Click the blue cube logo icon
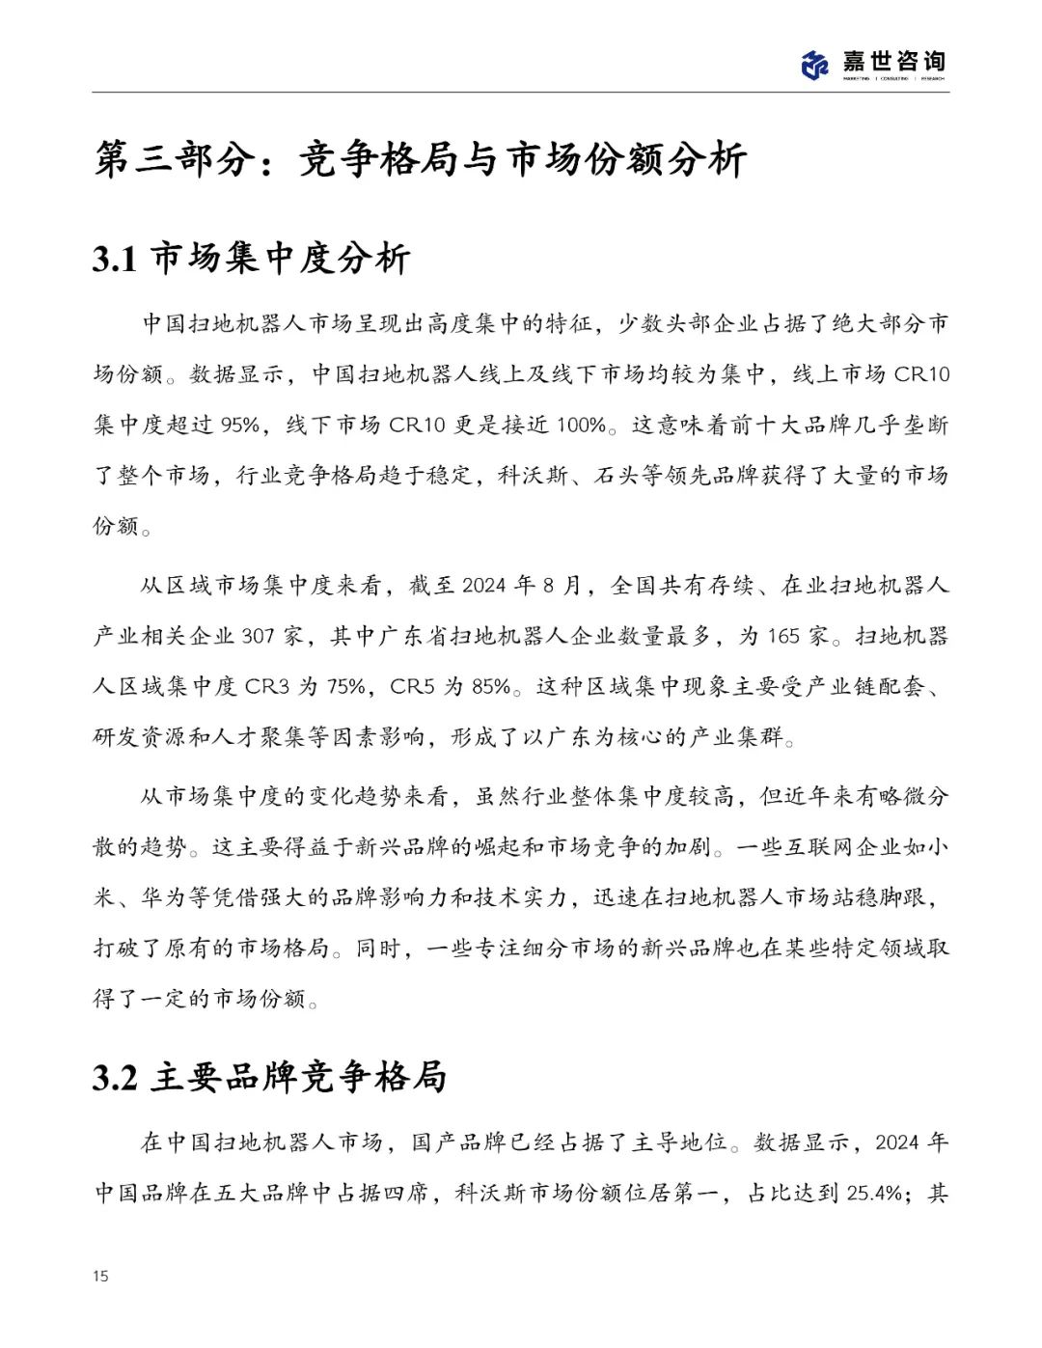[815, 65]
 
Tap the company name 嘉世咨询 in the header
[893, 61]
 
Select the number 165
[783, 637]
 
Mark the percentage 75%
[346, 687]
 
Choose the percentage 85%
[491, 687]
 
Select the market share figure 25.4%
[875, 1194]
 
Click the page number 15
[100, 1277]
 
